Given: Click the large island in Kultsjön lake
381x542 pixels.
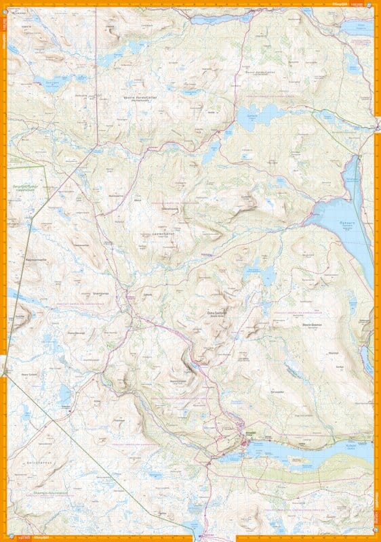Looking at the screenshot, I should point(297,458).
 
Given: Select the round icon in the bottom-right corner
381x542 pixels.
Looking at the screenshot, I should point(377,538).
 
